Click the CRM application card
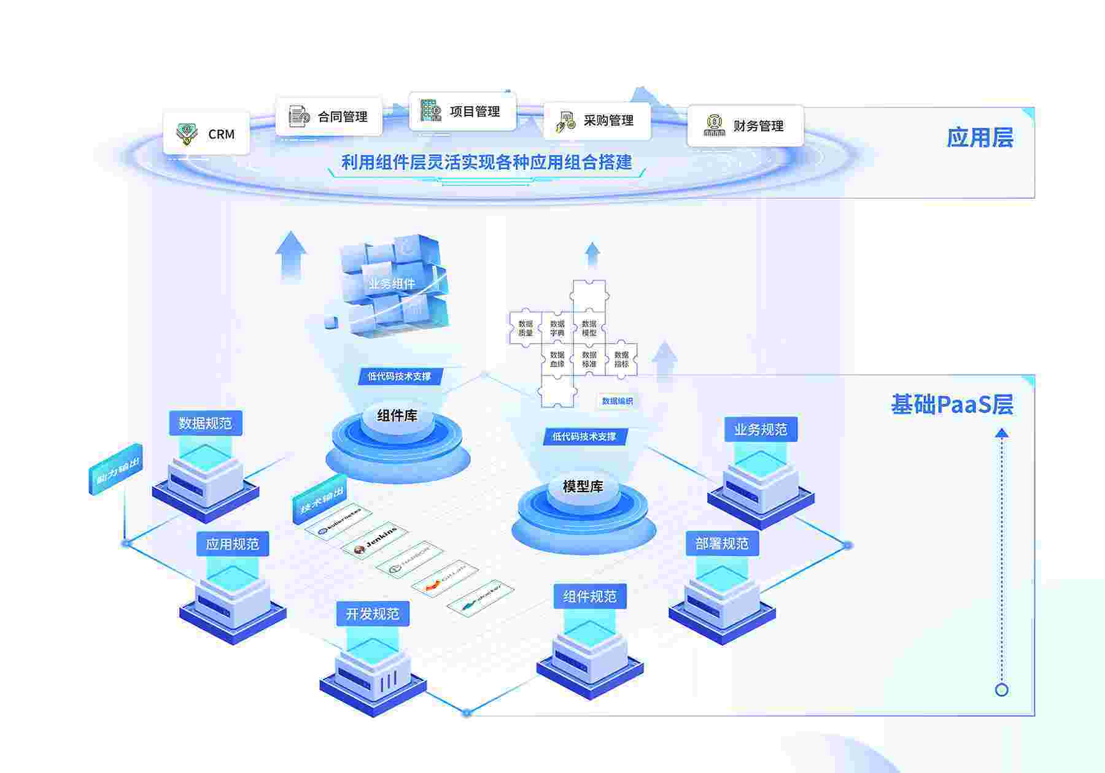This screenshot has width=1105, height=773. coord(206,133)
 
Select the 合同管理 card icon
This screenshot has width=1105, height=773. coord(299,116)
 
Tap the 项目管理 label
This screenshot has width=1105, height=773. coord(475,112)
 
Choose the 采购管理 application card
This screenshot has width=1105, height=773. coord(596,121)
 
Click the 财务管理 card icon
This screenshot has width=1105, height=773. coord(713,125)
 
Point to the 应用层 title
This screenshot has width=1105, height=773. coord(979,137)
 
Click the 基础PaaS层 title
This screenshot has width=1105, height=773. coord(952,405)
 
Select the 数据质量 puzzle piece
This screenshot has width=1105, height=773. coord(525,328)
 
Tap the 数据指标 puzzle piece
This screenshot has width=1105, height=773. coord(621,360)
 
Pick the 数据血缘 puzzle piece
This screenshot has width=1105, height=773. coord(557,360)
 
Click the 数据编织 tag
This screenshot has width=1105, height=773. coord(617,401)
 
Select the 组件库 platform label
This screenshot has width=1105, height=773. coord(397,416)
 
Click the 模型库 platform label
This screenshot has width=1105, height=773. coord(583,486)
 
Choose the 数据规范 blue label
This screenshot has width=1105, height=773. coord(205,423)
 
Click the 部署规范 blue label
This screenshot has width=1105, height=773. coord(722,544)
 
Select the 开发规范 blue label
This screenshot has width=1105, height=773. coord(372,614)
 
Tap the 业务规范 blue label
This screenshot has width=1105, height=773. coord(761,429)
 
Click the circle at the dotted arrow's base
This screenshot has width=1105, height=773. coord(1001,690)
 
